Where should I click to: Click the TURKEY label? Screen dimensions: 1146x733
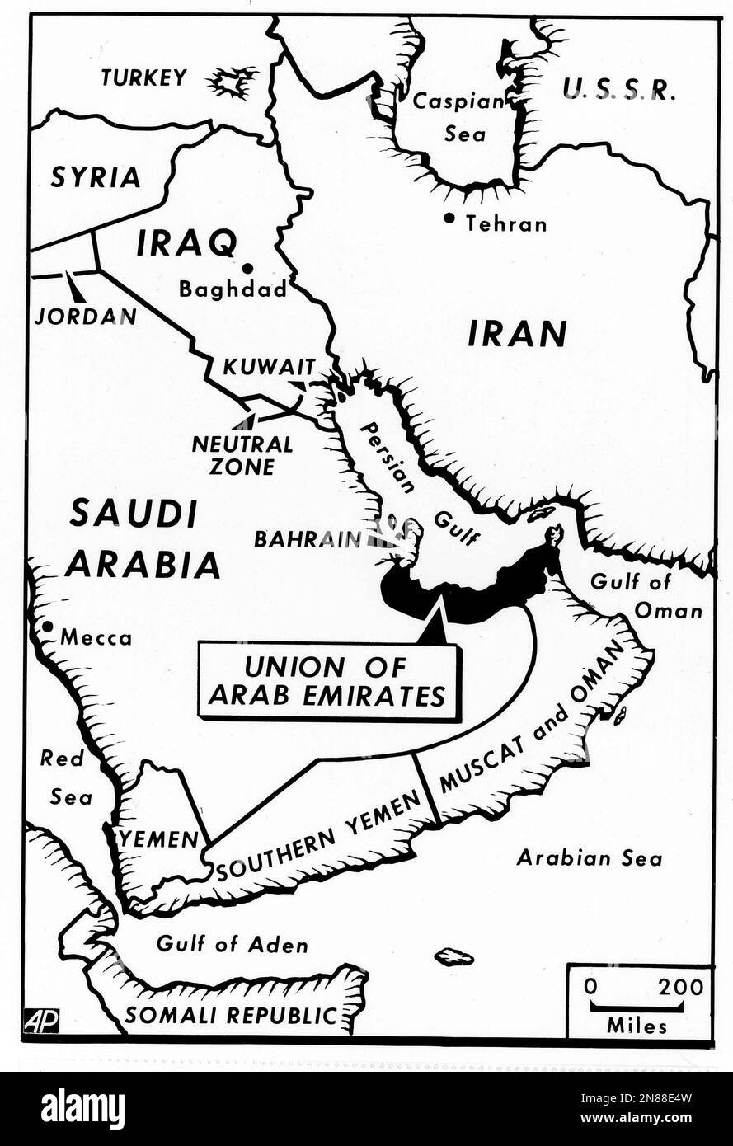pyautogui.click(x=143, y=77)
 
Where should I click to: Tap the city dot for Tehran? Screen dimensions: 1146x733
pyautogui.click(x=449, y=218)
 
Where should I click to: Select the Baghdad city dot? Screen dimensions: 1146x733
pyautogui.click(x=247, y=268)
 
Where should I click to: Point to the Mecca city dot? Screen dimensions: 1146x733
pyautogui.click(x=48, y=627)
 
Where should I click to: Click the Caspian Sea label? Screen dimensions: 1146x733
pyautogui.click(x=458, y=116)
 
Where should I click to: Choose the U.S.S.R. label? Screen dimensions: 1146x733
pyautogui.click(x=619, y=89)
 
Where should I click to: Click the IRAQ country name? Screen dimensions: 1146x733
pyautogui.click(x=186, y=242)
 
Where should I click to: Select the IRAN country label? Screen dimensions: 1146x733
pyautogui.click(x=517, y=334)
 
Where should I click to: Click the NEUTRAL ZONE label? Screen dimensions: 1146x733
pyautogui.click(x=242, y=455)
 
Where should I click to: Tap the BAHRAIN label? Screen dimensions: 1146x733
pyautogui.click(x=307, y=539)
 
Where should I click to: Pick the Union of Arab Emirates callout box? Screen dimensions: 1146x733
pyautogui.click(x=327, y=682)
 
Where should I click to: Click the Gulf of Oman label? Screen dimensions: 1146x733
pyautogui.click(x=645, y=595)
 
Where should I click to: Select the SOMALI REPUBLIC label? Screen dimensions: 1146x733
pyautogui.click(x=232, y=1015)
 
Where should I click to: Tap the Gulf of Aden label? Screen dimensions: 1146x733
pyautogui.click(x=232, y=944)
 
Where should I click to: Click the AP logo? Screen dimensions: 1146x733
pyautogui.click(x=41, y=1021)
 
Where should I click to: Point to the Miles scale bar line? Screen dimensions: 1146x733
pyautogui.click(x=636, y=1007)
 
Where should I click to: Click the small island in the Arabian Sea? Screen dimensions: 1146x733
pyautogui.click(x=454, y=957)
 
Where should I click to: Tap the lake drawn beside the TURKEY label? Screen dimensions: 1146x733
pyautogui.click(x=228, y=82)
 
